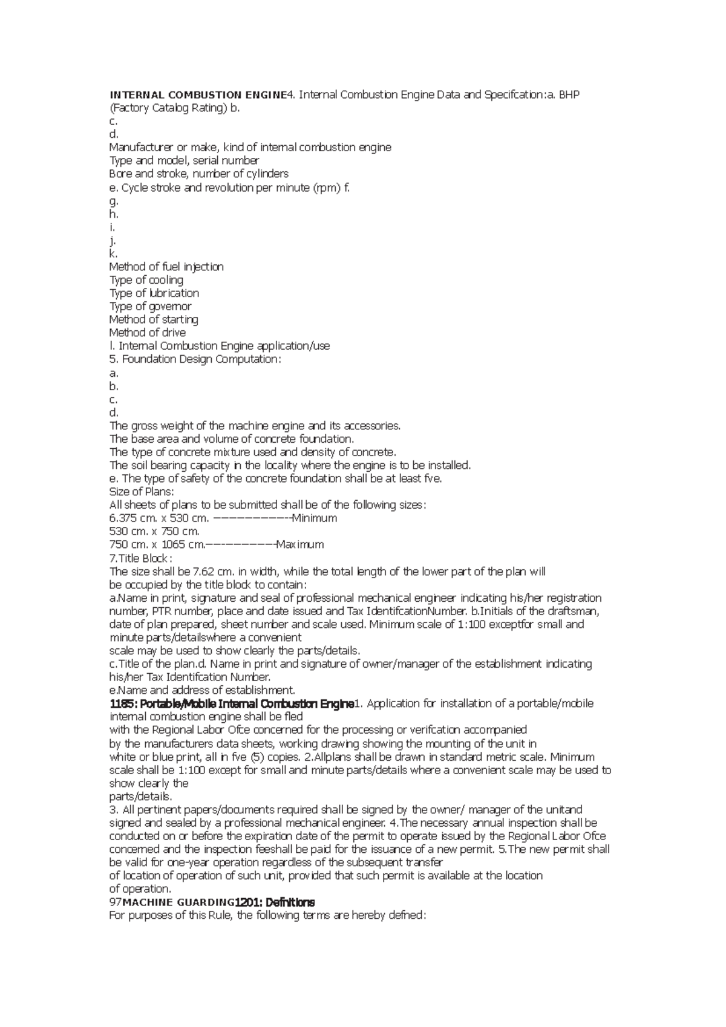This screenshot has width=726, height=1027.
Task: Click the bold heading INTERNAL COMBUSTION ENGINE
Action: click(197, 95)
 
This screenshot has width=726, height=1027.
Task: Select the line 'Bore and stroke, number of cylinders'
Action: click(198, 174)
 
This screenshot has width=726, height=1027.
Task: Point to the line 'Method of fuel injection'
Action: click(166, 267)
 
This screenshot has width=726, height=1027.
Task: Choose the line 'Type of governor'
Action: click(150, 306)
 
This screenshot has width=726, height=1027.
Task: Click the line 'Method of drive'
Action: click(147, 333)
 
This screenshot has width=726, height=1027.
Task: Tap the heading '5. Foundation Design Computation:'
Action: click(195, 359)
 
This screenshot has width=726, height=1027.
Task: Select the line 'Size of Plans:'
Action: click(141, 492)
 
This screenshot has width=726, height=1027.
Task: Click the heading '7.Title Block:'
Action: click(140, 558)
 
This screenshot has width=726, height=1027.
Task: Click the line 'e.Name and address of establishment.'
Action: click(202, 691)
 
